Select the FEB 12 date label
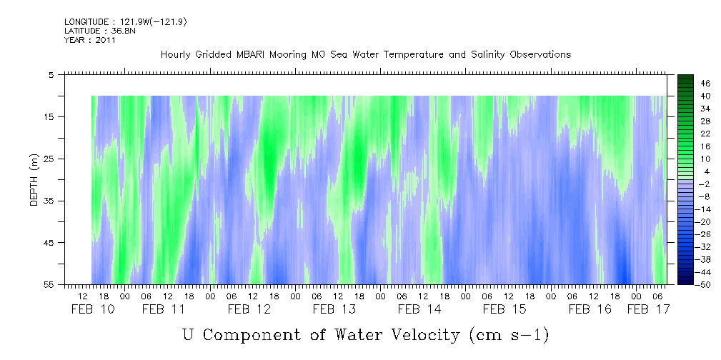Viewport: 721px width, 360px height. click(249, 309)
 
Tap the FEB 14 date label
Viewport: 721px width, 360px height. click(419, 309)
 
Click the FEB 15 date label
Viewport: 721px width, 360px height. click(504, 309)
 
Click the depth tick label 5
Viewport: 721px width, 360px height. click(51, 74)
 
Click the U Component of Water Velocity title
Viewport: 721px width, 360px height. click(365, 334)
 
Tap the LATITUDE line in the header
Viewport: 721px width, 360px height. click(90, 31)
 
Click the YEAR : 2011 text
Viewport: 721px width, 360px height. click(89, 40)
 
